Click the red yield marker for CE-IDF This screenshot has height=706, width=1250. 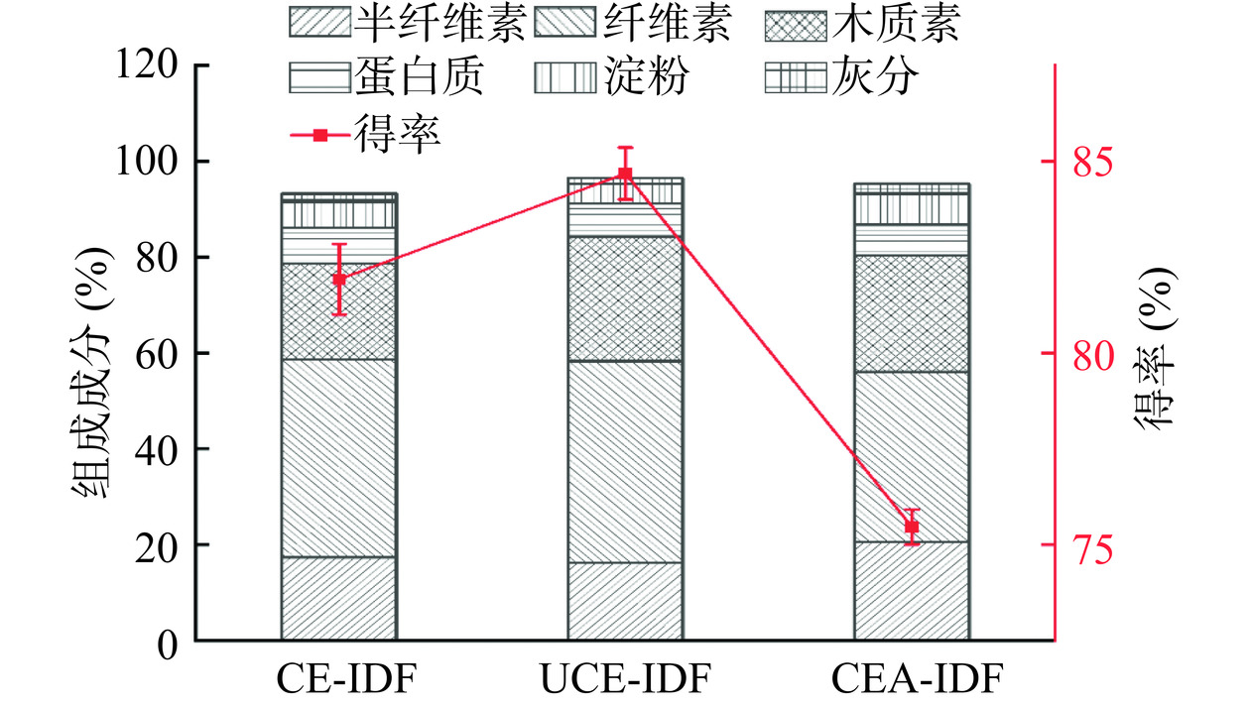339,280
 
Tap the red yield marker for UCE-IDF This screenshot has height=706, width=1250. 625,174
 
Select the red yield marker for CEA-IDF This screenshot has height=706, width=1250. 912,528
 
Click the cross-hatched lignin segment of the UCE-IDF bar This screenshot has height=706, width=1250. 625,298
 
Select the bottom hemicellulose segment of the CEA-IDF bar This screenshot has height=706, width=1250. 912,591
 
